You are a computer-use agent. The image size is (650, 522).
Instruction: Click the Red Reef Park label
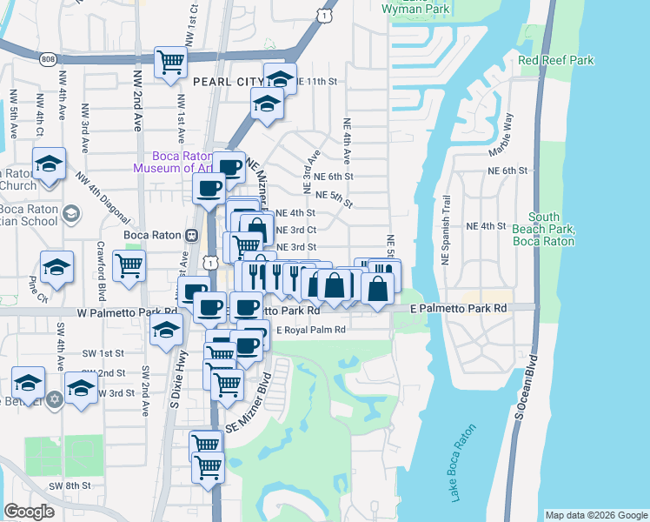555,60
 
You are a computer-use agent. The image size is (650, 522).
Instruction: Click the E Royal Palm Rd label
310,331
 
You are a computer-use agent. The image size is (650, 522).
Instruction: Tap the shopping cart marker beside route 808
170,62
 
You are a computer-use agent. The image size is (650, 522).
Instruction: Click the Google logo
30,512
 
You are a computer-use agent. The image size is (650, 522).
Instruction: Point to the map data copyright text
595,515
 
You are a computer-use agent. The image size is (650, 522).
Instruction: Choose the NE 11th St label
316,81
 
